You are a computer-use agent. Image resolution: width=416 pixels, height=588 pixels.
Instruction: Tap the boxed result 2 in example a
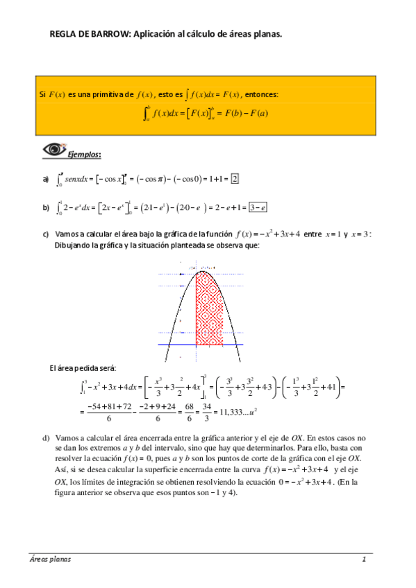click(x=235, y=179)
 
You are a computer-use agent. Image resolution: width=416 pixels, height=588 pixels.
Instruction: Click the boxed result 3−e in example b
click(x=258, y=207)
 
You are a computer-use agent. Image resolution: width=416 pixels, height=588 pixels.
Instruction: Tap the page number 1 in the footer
click(x=363, y=559)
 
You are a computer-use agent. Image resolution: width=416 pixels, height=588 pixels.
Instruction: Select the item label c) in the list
click(x=46, y=234)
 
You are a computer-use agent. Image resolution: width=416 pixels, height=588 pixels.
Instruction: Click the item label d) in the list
click(x=46, y=438)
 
